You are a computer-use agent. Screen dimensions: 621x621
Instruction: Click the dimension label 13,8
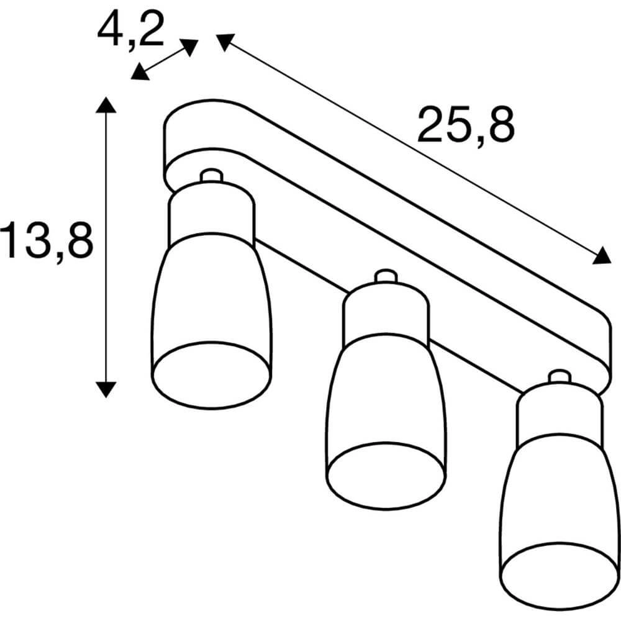47,241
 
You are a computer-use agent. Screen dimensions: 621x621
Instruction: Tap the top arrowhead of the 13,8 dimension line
106,104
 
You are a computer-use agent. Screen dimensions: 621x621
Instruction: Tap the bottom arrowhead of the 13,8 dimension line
106,389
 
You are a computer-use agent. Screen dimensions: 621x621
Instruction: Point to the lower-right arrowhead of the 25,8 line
602,255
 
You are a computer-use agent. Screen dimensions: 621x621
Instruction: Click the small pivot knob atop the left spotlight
211,175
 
